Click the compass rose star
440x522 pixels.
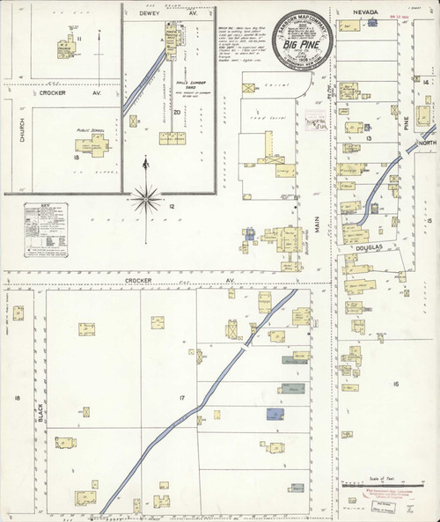coord(143,200)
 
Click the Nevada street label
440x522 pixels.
coord(365,11)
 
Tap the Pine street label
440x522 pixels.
coord(407,125)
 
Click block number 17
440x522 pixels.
coord(181,400)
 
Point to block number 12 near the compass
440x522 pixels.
coord(172,206)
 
